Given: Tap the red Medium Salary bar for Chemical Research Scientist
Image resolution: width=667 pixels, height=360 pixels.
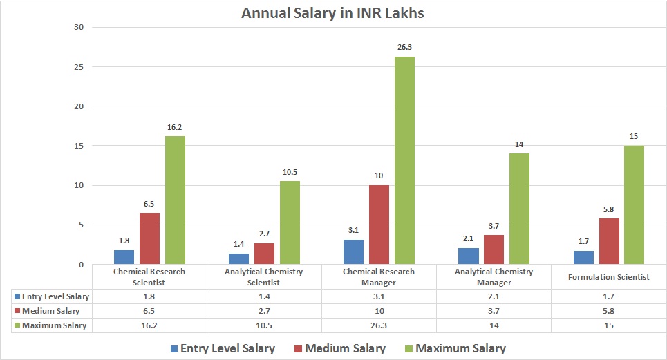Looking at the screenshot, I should [x=149, y=238].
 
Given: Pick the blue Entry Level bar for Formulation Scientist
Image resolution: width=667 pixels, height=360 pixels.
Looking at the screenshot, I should [x=583, y=257].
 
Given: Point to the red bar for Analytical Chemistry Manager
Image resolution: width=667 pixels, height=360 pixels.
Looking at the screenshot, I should [x=494, y=249].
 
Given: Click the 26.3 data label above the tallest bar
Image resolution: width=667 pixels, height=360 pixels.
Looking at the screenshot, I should [x=404, y=48].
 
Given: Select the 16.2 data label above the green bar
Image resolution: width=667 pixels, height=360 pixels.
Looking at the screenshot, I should [x=175, y=128].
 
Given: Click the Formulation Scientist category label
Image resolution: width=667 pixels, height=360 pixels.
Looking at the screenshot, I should [x=608, y=276].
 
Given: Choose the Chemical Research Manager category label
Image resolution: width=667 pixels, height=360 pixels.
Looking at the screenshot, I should [x=379, y=276].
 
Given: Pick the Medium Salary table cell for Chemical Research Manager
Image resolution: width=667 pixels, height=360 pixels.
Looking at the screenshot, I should [x=379, y=311].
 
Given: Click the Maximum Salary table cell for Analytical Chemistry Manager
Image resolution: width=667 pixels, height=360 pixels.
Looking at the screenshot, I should [x=494, y=325].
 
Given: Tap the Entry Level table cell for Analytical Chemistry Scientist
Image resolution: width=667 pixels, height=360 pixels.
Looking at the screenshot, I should [x=264, y=296].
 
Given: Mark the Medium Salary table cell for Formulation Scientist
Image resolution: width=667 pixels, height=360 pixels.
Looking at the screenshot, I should [x=608, y=311].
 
